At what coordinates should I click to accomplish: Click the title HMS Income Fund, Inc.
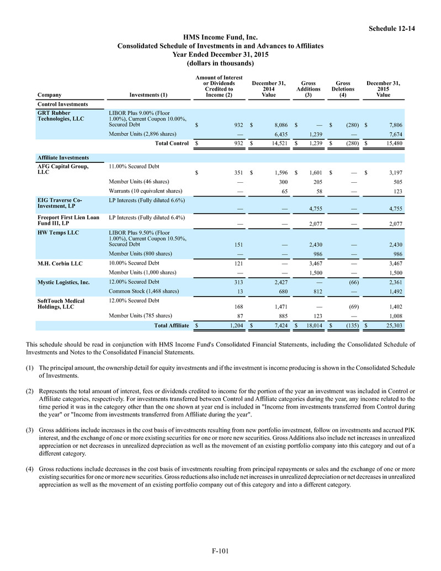click(220, 37)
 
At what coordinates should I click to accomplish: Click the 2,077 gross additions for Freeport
click(313, 225)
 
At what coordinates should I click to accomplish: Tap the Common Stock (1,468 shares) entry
click(143, 290)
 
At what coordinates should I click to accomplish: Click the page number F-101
click(220, 551)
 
